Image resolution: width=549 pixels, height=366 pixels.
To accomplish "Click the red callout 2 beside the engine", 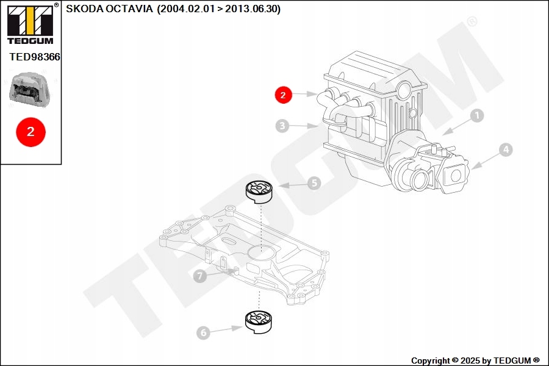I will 283,95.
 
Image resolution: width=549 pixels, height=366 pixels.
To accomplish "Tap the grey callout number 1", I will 476,115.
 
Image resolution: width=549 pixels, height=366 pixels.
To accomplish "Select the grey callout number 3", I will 282,126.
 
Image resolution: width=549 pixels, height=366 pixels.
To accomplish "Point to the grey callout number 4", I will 505,149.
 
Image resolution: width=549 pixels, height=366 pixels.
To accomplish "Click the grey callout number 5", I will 314,182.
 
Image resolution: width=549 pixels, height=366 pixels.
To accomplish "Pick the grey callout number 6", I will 203,332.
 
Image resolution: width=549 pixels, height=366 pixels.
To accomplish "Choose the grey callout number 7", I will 199,276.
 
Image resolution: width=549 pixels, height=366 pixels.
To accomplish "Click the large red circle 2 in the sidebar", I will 30,131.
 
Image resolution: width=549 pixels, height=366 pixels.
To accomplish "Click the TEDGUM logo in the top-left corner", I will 30,24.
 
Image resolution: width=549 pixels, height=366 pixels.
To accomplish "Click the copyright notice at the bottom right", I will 475,361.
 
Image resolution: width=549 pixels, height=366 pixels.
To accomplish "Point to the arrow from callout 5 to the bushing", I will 292,185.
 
